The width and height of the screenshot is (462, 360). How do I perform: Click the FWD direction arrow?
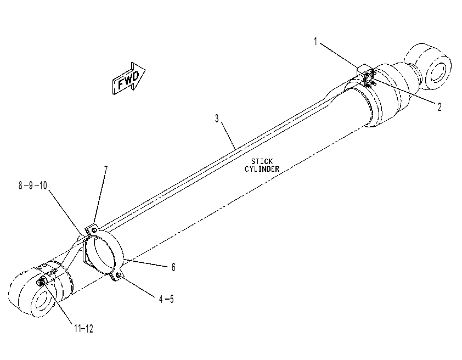pos(129,78)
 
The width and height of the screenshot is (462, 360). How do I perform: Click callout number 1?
pos(315,42)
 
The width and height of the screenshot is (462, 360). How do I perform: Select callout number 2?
pos(440,107)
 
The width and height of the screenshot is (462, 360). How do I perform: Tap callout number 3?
pos(217,119)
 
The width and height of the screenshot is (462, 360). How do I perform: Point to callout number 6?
pos(173,267)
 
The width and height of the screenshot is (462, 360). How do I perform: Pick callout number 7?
pos(106,170)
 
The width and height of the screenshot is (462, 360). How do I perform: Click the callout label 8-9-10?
pos(33,185)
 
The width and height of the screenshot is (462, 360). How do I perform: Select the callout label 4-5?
pos(166,299)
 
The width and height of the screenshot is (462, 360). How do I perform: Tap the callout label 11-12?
pos(84,329)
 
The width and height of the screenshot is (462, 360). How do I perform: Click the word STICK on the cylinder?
pos(262,161)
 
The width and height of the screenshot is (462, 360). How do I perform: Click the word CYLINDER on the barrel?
pos(262,169)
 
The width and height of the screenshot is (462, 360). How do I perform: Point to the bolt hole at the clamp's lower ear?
pos(118,275)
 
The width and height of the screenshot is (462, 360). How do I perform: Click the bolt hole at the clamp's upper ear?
pos(94,230)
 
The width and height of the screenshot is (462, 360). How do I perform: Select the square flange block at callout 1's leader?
pos(365,75)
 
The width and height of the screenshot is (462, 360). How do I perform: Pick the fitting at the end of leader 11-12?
pos(41,283)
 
